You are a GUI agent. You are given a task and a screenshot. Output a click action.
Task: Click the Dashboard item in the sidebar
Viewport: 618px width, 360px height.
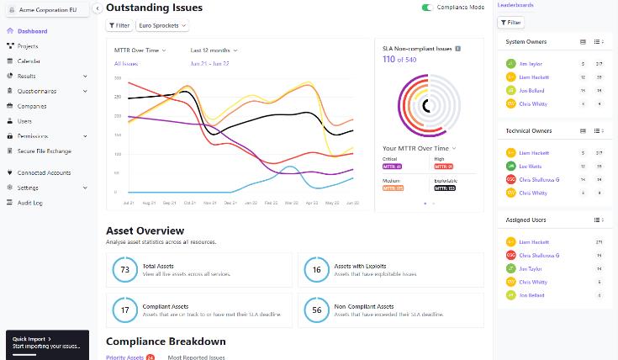point(32,31)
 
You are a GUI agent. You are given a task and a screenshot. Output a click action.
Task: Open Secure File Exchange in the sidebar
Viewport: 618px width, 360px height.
point(44,151)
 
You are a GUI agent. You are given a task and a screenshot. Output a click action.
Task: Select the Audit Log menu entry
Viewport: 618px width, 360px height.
point(29,203)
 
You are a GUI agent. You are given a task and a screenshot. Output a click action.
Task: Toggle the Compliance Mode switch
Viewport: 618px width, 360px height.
point(427,8)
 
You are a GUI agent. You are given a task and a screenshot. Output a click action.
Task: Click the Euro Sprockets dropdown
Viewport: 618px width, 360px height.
point(162,25)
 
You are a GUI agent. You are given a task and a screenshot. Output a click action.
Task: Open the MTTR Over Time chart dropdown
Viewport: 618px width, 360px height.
point(140,50)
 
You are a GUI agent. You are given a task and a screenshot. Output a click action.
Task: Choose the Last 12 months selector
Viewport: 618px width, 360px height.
point(214,50)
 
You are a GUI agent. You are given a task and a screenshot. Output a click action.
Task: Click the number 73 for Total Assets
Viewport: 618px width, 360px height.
point(125,270)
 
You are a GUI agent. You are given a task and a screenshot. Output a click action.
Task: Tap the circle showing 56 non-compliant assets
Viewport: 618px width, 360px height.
point(316,310)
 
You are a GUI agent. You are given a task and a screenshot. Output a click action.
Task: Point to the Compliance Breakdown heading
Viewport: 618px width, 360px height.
point(166,341)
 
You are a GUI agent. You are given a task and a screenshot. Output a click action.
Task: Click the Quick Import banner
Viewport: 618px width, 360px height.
point(47,343)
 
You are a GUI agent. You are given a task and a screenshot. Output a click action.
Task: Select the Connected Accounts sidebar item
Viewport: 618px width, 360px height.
point(44,173)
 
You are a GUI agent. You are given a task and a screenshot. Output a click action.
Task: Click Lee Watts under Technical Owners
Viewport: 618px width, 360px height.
point(531,167)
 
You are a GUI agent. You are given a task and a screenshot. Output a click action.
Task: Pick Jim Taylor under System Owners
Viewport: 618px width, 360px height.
point(531,64)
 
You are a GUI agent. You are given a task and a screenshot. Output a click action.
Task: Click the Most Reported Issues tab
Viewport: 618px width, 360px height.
point(196,357)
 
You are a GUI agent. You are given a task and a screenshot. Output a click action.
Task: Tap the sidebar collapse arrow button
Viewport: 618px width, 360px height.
point(98,8)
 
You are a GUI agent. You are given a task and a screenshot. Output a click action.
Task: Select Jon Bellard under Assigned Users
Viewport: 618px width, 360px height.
point(531,295)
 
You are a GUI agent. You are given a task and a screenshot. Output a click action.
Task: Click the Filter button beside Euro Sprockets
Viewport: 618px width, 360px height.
point(119,25)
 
